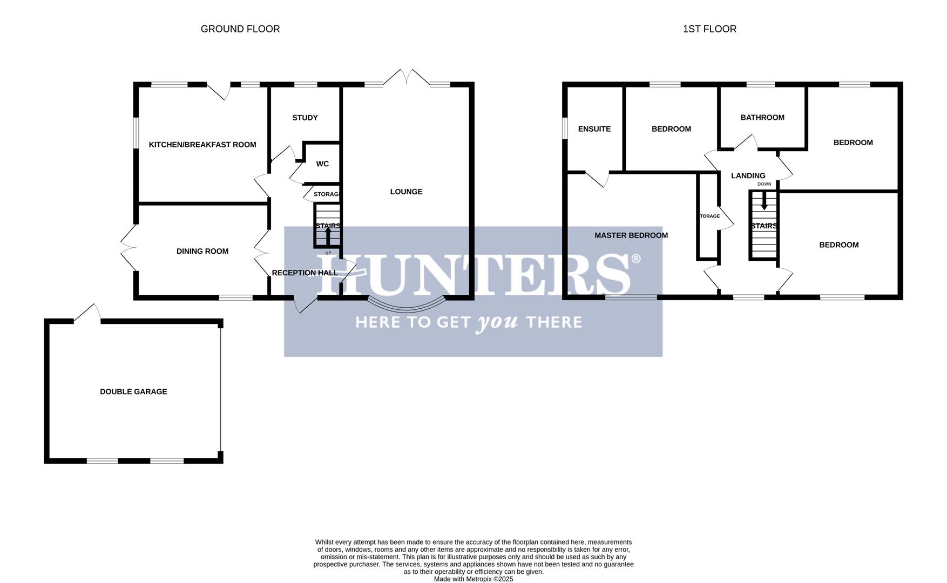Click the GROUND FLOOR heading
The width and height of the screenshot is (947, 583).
point(240,29)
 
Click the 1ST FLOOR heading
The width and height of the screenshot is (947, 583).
point(709,29)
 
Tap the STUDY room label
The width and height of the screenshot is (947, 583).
point(305,118)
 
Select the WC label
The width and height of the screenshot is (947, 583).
point(322,164)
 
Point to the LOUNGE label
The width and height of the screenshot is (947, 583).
point(406,192)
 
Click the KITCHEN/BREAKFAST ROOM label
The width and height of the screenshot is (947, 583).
point(202,145)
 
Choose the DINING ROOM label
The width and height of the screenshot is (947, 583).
point(202,251)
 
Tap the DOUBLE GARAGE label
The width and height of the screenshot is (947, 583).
point(133,392)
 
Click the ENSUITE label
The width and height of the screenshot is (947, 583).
point(594,129)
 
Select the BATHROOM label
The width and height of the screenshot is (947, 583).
point(762,118)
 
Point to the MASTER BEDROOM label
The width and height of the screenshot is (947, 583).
point(631,235)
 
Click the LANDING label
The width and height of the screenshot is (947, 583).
point(748,175)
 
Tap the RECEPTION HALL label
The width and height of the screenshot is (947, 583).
point(305,273)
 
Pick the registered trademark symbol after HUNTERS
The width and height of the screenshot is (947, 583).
point(635,259)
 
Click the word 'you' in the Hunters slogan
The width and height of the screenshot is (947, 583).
point(497,323)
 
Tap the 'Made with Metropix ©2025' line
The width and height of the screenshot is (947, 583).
point(473,579)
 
